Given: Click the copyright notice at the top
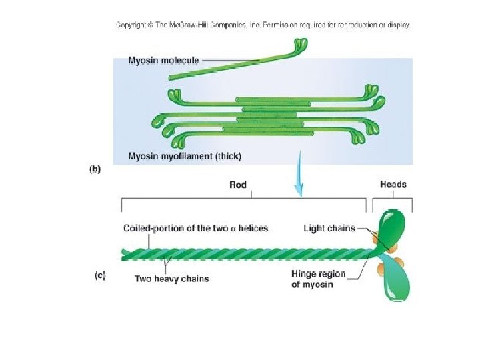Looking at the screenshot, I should [263, 25].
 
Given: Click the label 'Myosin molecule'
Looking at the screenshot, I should [163, 61].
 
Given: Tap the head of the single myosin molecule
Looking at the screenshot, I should [301, 45].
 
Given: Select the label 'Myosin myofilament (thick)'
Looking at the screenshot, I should [185, 157].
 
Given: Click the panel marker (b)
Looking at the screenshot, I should [95, 169].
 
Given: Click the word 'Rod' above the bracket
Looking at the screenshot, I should [238, 185].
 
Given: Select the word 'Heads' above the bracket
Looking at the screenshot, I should [393, 185].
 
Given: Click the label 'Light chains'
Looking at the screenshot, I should [329, 229].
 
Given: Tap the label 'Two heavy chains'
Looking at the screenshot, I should [171, 278].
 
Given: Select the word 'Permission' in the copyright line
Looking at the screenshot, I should [282, 25].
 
